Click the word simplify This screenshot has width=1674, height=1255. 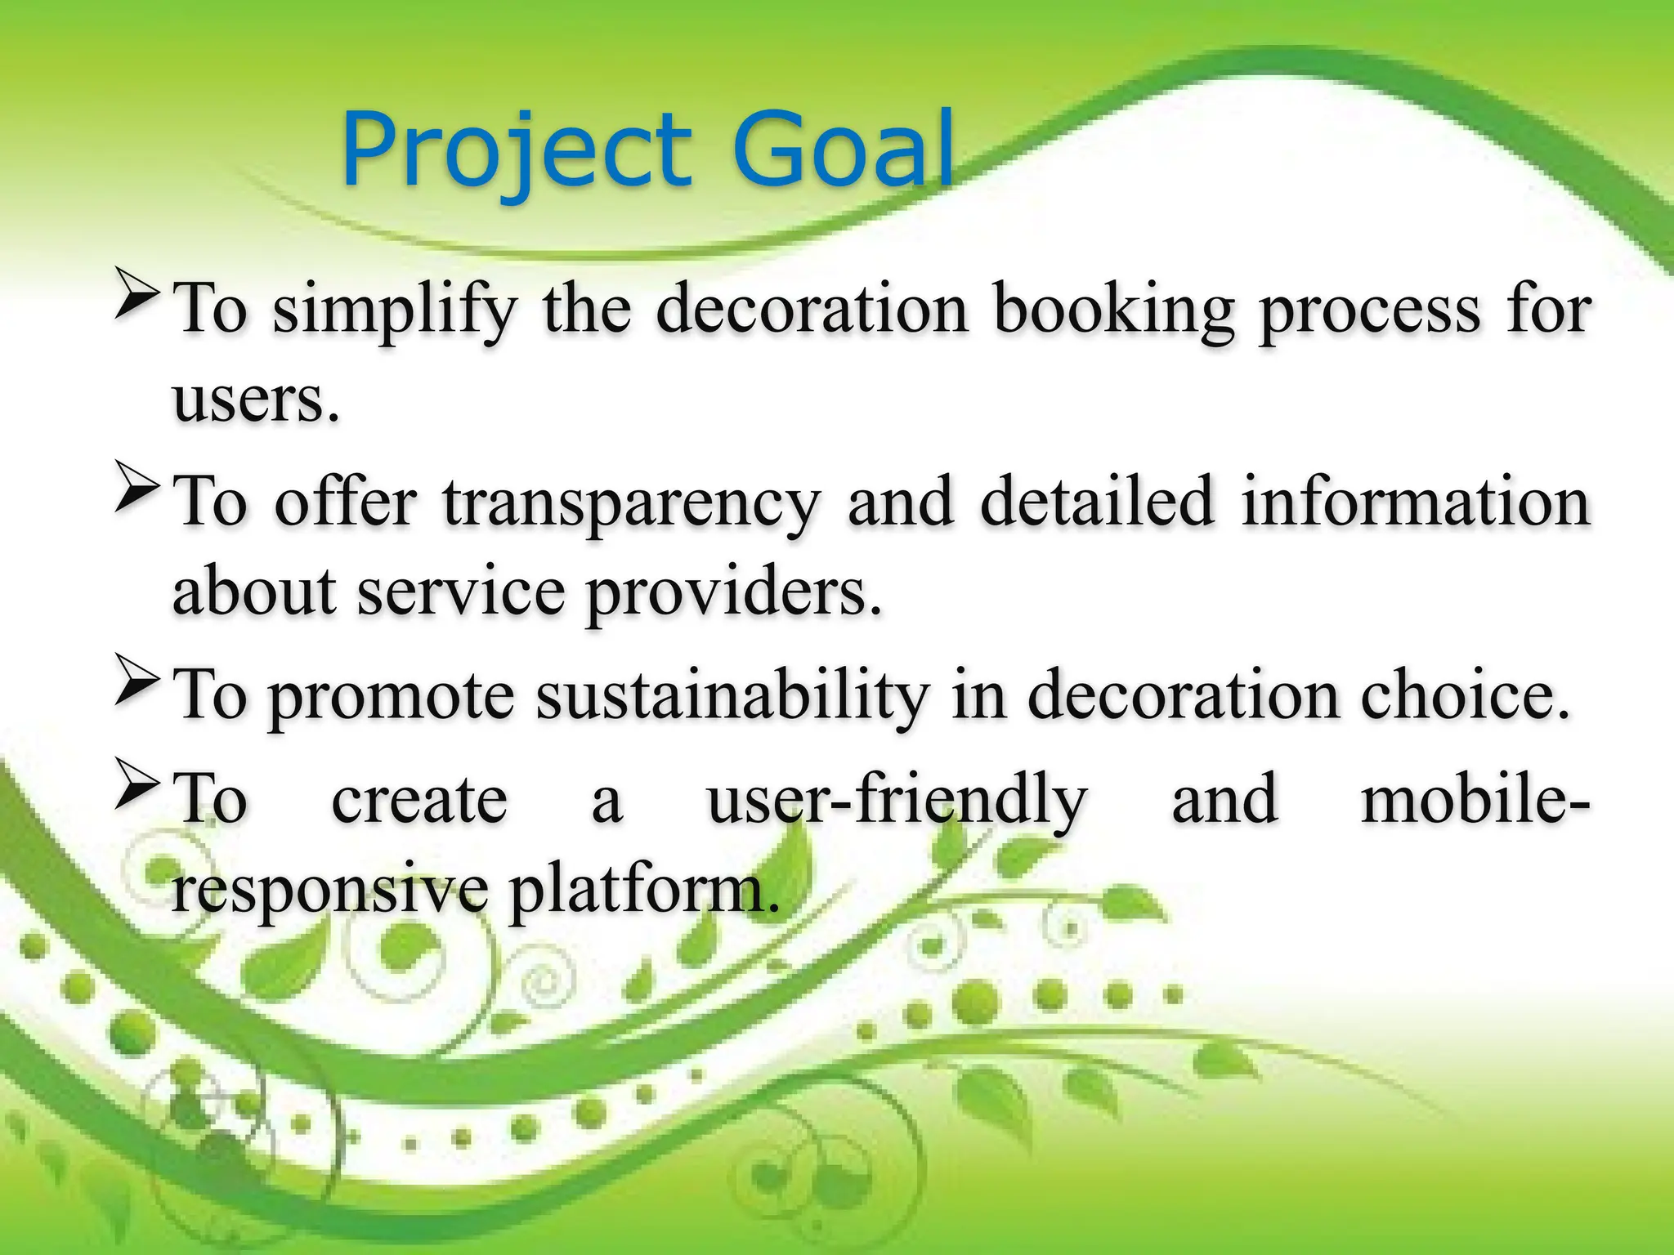tap(395, 310)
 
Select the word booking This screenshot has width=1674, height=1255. tap(1113, 310)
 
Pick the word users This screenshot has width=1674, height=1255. tap(254, 400)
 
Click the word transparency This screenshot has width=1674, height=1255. tap(630, 503)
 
